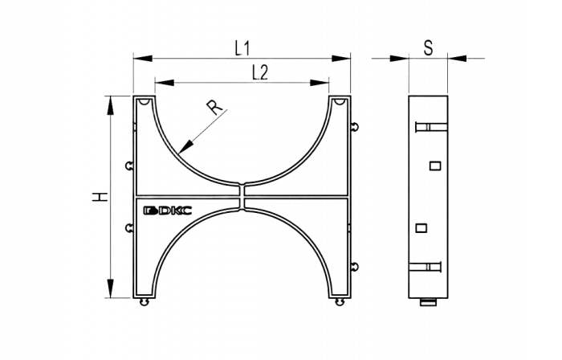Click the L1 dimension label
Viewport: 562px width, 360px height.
(242, 48)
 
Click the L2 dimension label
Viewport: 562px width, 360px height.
(260, 73)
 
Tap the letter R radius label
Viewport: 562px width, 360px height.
(214, 107)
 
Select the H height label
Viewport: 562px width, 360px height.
(100, 197)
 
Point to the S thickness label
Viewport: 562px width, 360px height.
(428, 48)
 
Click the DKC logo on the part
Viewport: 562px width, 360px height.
(167, 211)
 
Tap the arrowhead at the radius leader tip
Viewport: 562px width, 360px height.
(185, 147)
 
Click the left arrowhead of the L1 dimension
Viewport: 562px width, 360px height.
(143, 58)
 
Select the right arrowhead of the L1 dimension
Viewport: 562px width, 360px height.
(341, 58)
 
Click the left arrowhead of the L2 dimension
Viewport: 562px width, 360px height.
(165, 83)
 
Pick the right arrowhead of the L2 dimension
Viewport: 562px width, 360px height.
(320, 83)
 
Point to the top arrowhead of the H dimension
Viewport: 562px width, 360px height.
(111, 105)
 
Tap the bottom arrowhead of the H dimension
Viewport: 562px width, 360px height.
(111, 288)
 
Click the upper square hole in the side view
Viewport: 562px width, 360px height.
(435, 166)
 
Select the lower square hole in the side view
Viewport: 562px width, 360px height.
(421, 228)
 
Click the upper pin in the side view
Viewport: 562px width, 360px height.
(431, 127)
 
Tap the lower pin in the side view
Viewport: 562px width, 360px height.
(425, 267)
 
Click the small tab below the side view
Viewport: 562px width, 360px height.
(428, 302)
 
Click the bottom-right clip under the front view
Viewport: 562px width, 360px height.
(339, 302)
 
